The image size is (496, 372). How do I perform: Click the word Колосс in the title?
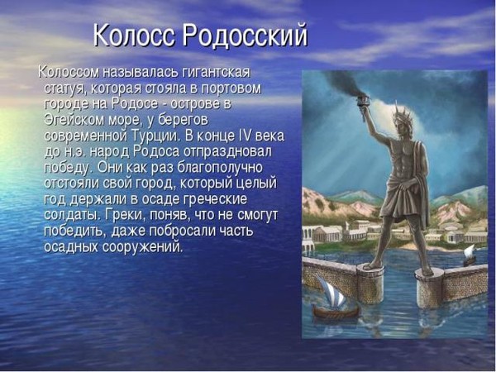click(134, 35)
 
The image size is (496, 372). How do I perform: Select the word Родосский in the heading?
click(245, 36)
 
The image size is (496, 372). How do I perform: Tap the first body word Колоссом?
click(69, 72)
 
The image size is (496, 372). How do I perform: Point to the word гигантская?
click(217, 72)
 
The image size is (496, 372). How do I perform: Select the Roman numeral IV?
click(244, 136)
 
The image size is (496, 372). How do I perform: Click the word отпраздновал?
click(227, 151)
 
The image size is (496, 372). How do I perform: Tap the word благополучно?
click(220, 168)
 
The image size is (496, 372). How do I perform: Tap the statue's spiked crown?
click(400, 115)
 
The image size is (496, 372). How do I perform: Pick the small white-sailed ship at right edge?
click(470, 255)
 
